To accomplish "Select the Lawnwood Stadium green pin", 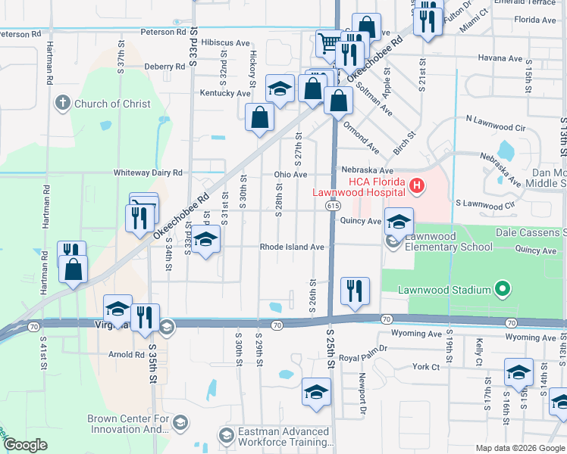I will click(x=500, y=288).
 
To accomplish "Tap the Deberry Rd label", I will click(x=164, y=67).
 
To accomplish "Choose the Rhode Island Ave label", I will click(x=292, y=247).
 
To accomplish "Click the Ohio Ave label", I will click(x=290, y=174).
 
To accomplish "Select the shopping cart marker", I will click(x=329, y=42).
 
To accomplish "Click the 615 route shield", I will click(x=334, y=205).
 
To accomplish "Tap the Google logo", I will click(x=26, y=444).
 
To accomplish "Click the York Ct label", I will click(x=426, y=366).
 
